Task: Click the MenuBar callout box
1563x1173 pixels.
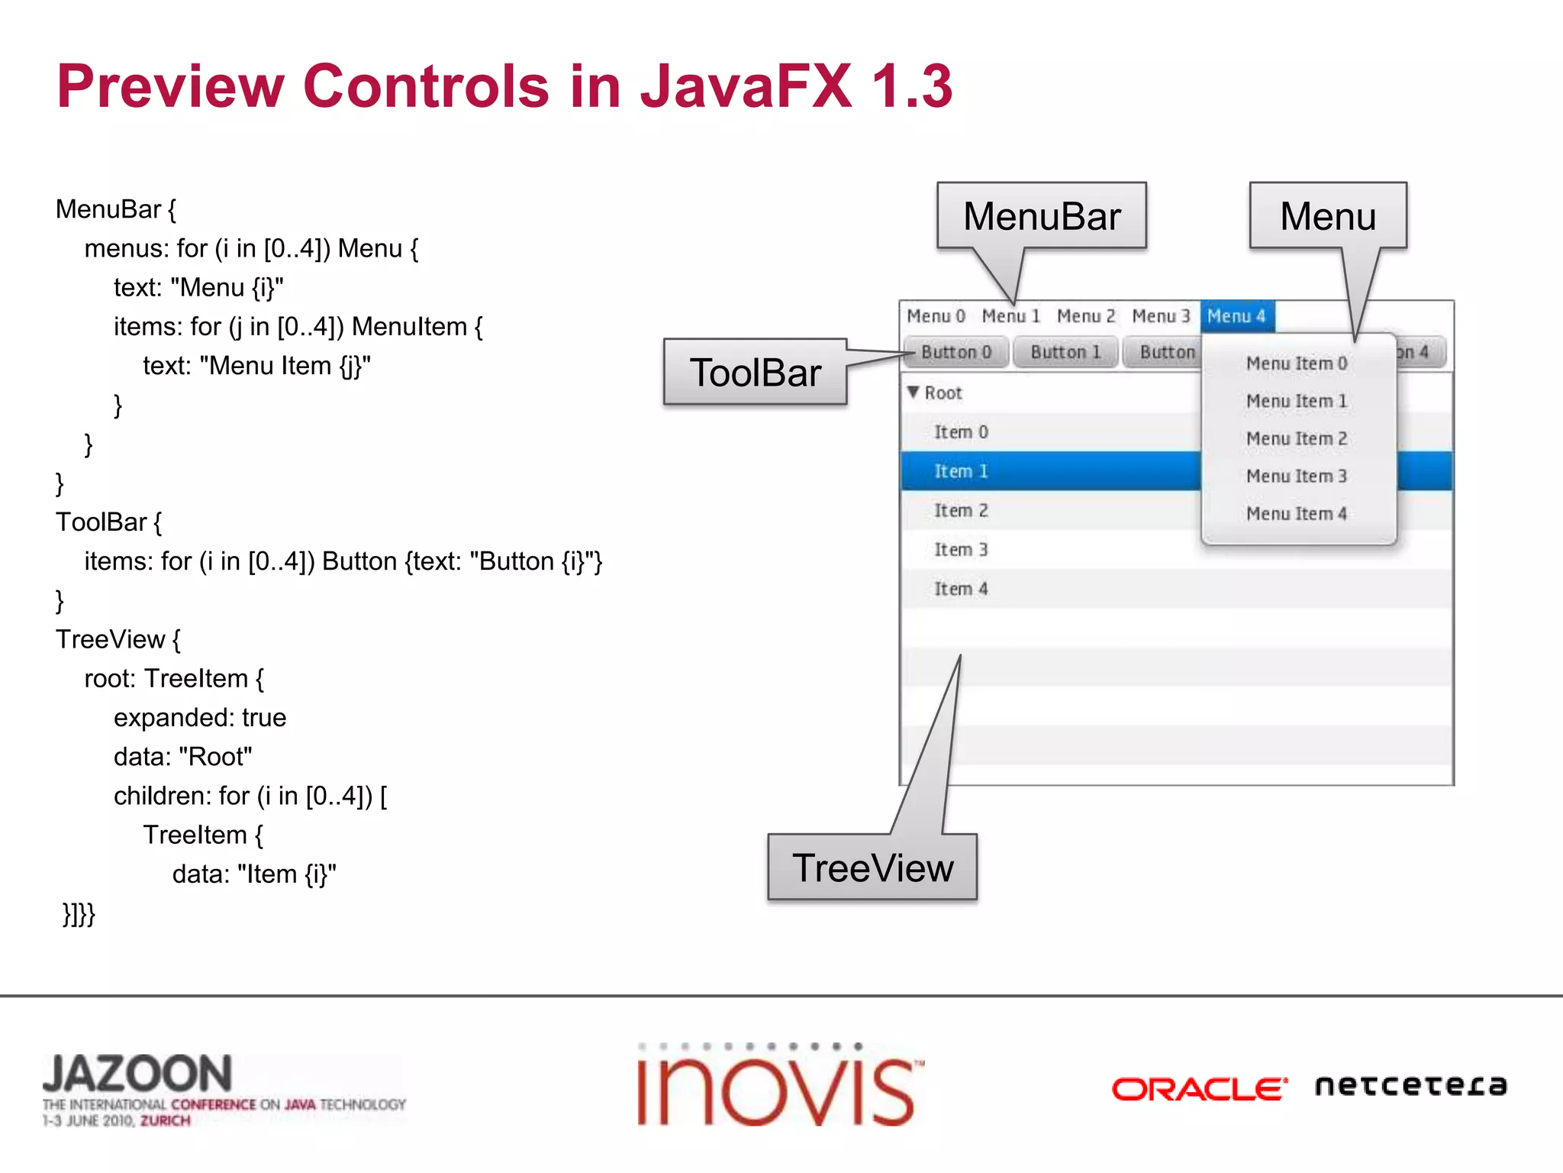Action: (1041, 216)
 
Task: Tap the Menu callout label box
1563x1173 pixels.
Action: (1328, 216)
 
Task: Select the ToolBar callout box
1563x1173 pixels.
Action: (755, 373)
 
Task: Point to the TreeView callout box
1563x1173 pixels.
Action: (872, 868)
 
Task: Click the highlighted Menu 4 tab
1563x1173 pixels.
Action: (1236, 316)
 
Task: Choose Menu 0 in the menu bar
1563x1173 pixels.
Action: (936, 316)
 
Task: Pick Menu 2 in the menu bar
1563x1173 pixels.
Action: (1085, 316)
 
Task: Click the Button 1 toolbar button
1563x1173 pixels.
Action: (1065, 352)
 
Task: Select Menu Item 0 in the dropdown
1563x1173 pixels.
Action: (1296, 364)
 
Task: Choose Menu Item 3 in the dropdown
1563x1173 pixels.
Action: (1296, 477)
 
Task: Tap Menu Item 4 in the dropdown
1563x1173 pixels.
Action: (1296, 514)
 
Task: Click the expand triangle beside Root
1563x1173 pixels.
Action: (913, 393)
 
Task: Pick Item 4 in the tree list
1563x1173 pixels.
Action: (961, 589)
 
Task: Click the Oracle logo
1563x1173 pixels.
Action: (1199, 1088)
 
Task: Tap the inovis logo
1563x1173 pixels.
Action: (778, 1088)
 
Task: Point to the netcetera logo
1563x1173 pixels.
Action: (1410, 1085)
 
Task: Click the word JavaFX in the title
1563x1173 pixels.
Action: (746, 86)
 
